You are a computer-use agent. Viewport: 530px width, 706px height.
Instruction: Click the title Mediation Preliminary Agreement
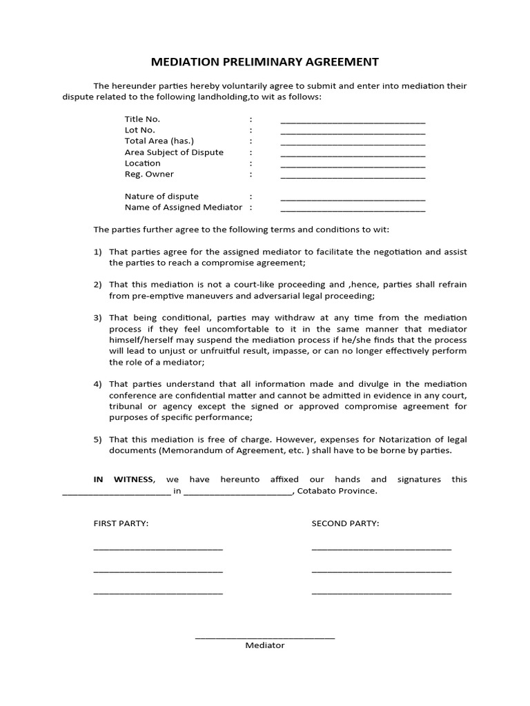[265, 62]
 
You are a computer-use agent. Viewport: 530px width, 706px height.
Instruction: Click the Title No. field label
[142, 119]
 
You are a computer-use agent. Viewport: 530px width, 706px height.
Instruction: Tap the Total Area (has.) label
[159, 141]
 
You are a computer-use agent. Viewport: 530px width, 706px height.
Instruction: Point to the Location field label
[142, 163]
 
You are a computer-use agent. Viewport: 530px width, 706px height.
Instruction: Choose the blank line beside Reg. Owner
[353, 176]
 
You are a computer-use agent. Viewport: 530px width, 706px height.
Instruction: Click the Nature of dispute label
[161, 196]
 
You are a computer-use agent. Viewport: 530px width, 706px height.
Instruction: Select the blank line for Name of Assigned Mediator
[353, 210]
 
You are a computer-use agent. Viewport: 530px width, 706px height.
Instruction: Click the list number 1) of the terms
[98, 252]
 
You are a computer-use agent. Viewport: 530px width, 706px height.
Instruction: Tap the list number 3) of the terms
[98, 318]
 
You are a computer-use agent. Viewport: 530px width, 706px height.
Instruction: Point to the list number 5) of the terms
[98, 439]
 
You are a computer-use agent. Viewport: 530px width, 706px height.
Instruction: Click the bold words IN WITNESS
[124, 479]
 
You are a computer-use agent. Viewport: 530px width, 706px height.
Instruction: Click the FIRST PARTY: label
[121, 523]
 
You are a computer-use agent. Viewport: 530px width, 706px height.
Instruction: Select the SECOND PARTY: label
[345, 523]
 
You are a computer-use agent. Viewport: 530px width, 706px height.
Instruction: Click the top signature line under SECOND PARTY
[381, 549]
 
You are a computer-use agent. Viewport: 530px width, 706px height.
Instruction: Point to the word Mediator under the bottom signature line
[265, 645]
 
